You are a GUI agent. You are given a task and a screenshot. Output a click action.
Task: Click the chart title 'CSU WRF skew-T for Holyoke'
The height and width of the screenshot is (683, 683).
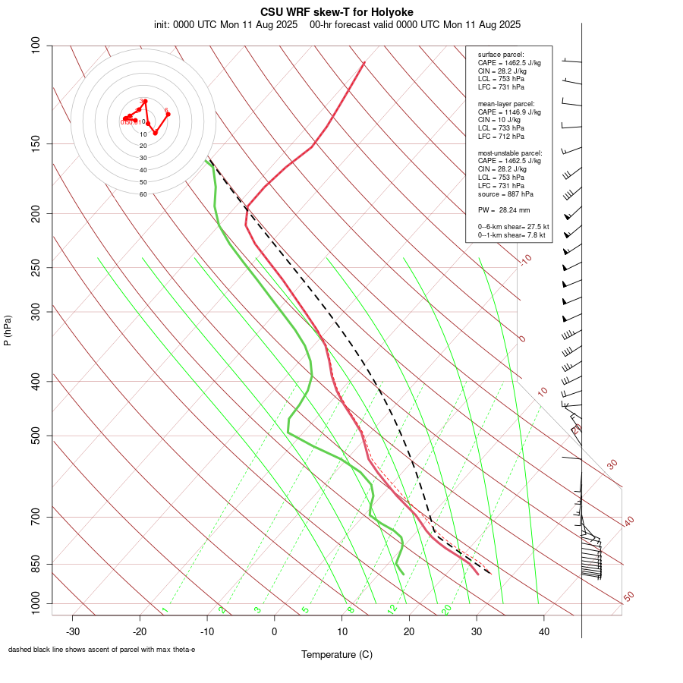(x=336, y=12)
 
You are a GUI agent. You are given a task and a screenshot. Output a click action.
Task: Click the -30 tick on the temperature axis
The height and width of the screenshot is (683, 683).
(x=73, y=631)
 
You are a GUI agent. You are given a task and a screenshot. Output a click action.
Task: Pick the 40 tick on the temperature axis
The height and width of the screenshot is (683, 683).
(x=543, y=631)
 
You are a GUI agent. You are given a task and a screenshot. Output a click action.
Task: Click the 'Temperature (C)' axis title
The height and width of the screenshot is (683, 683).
(x=336, y=654)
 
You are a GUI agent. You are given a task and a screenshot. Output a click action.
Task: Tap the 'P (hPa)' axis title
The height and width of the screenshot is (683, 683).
(x=8, y=330)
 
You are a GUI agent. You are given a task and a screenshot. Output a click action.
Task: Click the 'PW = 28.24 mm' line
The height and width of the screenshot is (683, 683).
(x=503, y=209)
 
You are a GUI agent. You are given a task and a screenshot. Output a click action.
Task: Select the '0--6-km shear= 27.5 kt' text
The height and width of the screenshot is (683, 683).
(x=513, y=227)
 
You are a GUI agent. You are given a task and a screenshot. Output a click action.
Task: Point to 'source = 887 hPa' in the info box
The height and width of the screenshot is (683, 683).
(x=505, y=194)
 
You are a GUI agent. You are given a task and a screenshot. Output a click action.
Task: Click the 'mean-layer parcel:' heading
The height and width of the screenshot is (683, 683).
(x=505, y=103)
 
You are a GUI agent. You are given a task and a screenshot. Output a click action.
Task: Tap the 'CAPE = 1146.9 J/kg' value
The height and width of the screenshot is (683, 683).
(x=509, y=112)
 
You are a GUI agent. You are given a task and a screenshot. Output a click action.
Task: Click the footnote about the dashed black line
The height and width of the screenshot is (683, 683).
(x=102, y=649)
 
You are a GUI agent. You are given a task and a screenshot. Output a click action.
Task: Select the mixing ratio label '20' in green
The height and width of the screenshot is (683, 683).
(x=447, y=609)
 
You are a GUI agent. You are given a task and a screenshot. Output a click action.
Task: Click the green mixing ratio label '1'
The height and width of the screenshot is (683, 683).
(x=165, y=609)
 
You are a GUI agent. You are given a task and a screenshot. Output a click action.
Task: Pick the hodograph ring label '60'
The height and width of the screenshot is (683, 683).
(x=143, y=194)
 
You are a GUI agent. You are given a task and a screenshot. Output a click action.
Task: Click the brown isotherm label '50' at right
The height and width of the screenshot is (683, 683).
(x=628, y=597)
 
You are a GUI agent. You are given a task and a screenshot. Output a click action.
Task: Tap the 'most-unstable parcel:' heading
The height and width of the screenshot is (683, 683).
(x=510, y=153)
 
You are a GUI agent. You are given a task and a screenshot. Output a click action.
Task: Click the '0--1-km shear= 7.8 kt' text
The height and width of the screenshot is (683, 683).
(x=511, y=235)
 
